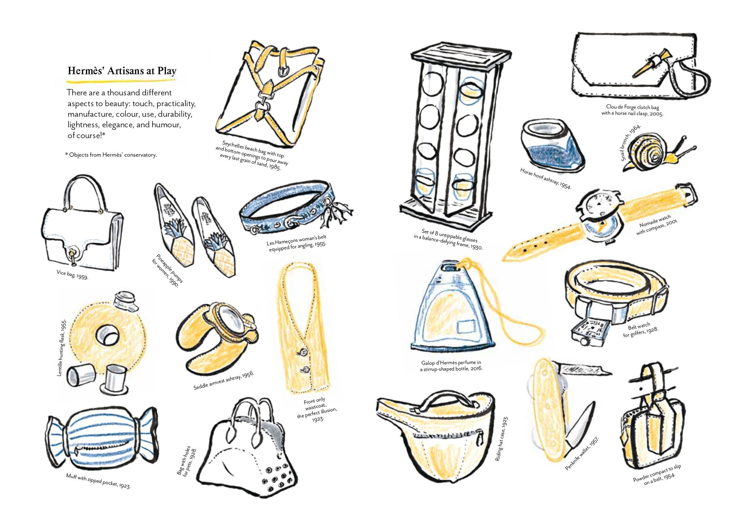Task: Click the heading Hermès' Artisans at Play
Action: point(122,71)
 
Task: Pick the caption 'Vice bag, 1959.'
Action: point(72,274)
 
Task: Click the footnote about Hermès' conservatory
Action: point(111,155)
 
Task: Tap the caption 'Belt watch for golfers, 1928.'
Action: point(641,330)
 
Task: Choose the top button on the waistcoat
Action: point(303,352)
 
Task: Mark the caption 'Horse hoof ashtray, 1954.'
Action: point(545,178)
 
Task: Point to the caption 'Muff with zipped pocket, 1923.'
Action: point(98,481)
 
